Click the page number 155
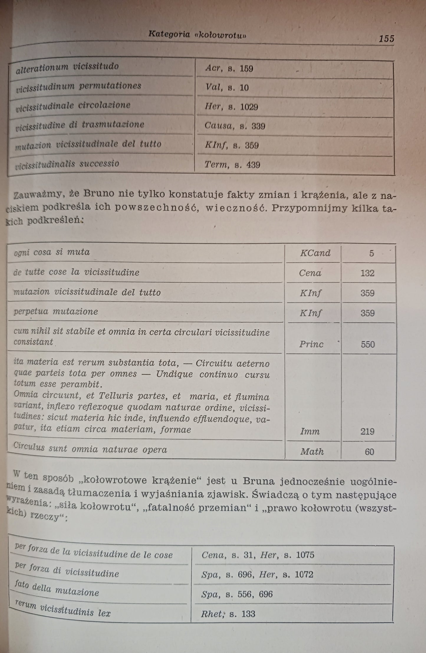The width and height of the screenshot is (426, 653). [386, 39]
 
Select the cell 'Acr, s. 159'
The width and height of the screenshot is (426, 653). [229, 69]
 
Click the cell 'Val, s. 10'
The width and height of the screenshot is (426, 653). [227, 87]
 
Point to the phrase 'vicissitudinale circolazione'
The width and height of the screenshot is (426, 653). [73, 106]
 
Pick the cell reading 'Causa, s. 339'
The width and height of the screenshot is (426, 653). [235, 126]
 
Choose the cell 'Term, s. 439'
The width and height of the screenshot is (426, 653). [232, 165]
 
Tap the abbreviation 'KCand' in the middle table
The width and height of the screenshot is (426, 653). [315, 253]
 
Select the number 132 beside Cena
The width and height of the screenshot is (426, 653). [367, 273]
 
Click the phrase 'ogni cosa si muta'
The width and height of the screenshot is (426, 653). [52, 252]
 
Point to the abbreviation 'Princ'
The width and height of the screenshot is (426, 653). [311, 344]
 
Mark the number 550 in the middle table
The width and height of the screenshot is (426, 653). [368, 344]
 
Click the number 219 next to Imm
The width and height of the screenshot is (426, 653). [367, 432]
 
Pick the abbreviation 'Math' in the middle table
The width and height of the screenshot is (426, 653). [312, 452]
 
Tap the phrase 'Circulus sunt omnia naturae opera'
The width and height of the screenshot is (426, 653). [90, 449]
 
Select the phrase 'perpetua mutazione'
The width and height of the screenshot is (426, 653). [56, 311]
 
